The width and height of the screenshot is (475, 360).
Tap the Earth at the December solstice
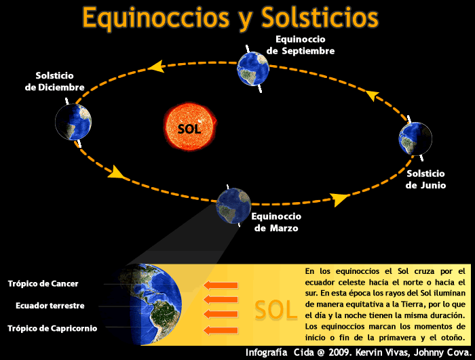tap(73, 122)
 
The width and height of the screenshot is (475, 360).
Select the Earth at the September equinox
tap(254, 68)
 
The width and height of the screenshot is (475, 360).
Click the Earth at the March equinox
tap(233, 206)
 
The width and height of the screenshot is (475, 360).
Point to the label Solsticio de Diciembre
tap(54, 81)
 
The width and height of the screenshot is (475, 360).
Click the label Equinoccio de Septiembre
tap(301, 45)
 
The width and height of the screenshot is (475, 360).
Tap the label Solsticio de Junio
tap(425, 179)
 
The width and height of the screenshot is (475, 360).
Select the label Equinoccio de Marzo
tap(276, 222)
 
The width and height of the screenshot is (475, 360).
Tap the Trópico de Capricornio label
tap(52, 328)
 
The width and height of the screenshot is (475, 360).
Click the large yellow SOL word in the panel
tap(276, 310)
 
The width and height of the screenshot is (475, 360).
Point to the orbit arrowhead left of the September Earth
tap(156, 66)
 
